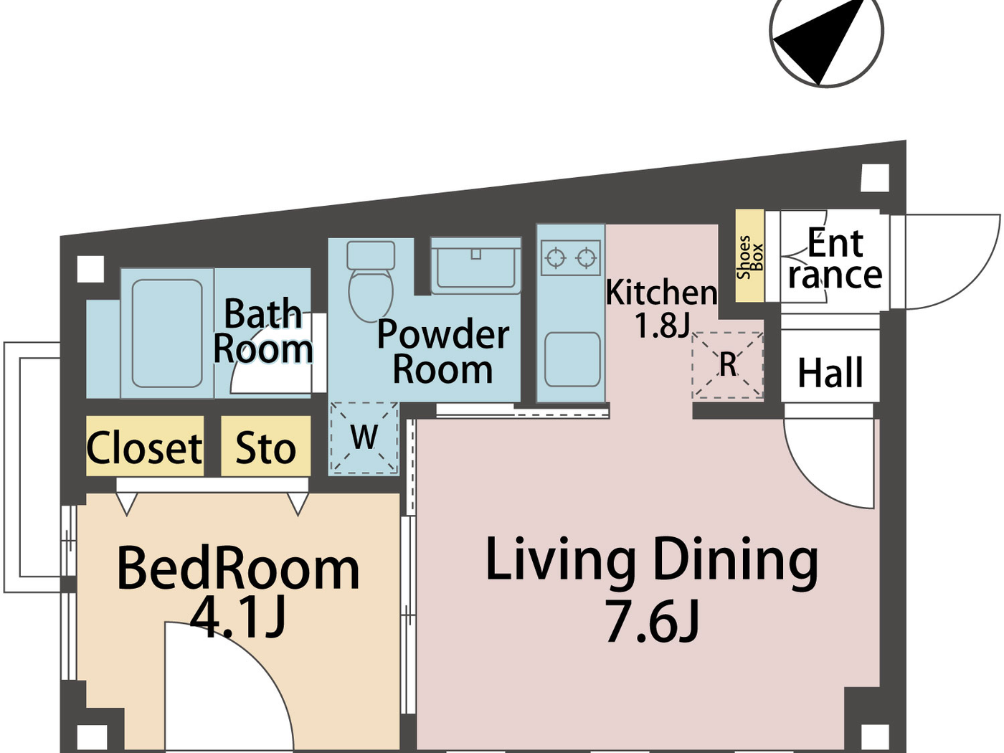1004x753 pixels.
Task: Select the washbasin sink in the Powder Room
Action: click(x=475, y=267)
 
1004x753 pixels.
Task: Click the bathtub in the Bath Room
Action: click(x=167, y=333)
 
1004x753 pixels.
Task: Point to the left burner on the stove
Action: click(x=556, y=257)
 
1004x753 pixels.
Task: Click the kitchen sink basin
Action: click(x=572, y=359)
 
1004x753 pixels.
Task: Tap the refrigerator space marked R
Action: click(x=727, y=365)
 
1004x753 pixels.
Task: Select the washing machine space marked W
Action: click(x=364, y=437)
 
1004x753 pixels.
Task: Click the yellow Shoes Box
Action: click(x=749, y=256)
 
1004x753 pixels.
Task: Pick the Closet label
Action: click(x=145, y=448)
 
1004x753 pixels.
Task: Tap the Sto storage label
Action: click(x=265, y=448)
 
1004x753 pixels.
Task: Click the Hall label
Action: click(x=830, y=373)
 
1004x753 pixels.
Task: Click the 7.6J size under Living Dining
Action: click(x=651, y=621)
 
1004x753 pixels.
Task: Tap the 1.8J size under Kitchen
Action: click(x=662, y=326)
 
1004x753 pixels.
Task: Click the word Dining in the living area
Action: click(x=735, y=560)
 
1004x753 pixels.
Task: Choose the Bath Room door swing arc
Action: click(x=269, y=369)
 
